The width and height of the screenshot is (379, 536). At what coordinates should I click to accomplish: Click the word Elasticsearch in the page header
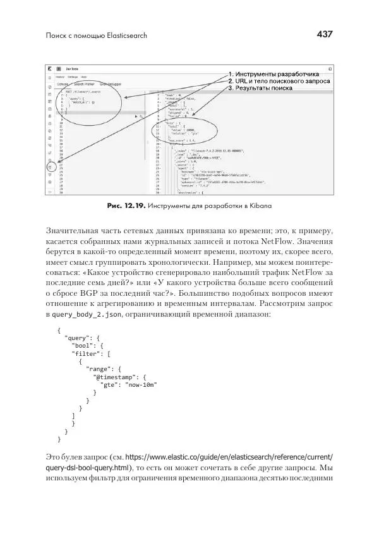click(x=124, y=35)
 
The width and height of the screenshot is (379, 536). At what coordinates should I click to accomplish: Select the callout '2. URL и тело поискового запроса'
click(x=279, y=82)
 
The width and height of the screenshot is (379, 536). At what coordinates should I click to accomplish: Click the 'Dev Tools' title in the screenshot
click(x=71, y=68)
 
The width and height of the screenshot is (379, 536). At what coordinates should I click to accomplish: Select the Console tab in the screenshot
click(x=62, y=83)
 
